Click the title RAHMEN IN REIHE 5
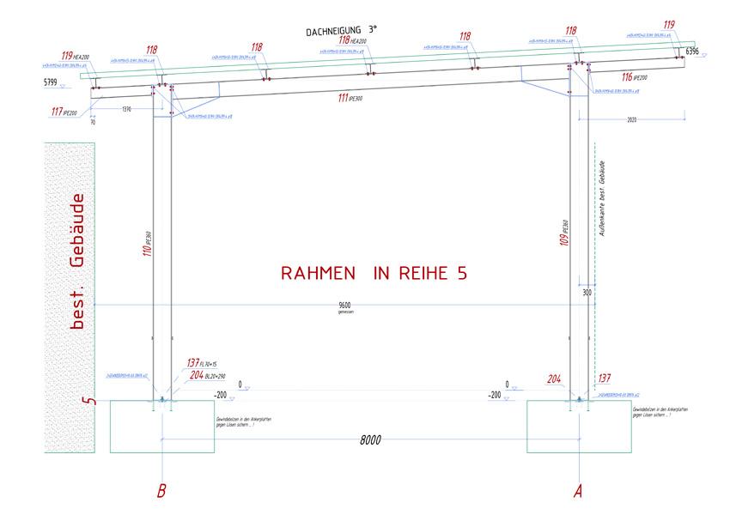374,273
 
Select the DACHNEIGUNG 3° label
341,30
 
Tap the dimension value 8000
370,439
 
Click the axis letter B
161,491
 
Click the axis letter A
578,491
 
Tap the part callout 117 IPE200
63,112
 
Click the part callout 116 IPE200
634,78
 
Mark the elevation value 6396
694,51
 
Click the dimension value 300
587,293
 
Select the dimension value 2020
634,120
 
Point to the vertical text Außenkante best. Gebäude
603,199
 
